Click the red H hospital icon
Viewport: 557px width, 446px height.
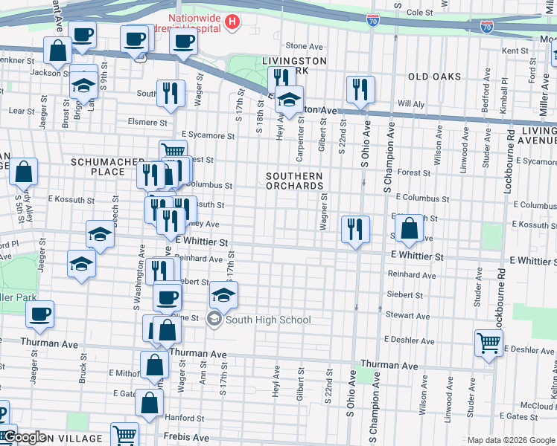click(232, 22)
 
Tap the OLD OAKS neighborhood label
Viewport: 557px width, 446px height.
click(433, 77)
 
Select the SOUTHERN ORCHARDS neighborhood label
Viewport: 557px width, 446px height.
click(296, 181)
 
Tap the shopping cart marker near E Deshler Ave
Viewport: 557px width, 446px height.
click(488, 343)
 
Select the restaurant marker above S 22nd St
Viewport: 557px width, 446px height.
click(360, 88)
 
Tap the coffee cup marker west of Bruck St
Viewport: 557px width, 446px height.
click(39, 313)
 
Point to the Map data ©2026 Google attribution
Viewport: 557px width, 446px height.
click(510, 439)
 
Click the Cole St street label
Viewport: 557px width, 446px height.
click(419, 13)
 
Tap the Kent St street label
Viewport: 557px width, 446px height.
click(515, 51)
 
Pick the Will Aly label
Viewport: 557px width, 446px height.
click(410, 103)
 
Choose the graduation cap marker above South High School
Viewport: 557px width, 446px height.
click(223, 294)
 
